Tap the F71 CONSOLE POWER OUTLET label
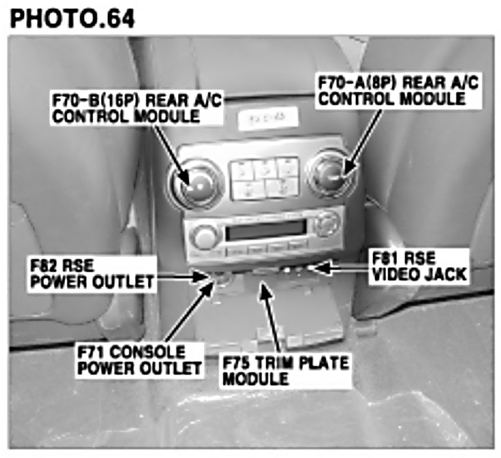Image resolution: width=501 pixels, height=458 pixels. click(x=140, y=360)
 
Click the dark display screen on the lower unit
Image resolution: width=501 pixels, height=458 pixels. click(x=265, y=230)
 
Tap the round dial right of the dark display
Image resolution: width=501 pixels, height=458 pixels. click(x=326, y=222)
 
